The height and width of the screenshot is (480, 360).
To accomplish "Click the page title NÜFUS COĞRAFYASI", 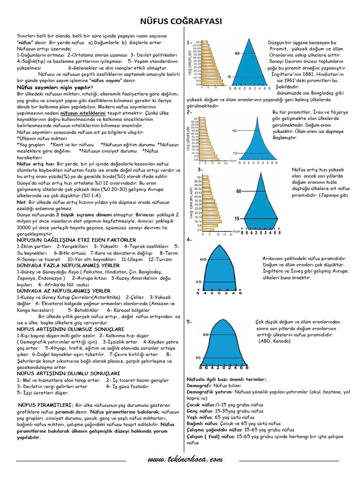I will point(180,22).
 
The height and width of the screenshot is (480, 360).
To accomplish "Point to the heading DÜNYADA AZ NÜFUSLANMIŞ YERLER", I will point(63,291).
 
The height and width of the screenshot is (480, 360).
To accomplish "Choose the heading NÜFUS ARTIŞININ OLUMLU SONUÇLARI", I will point(63,374).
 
